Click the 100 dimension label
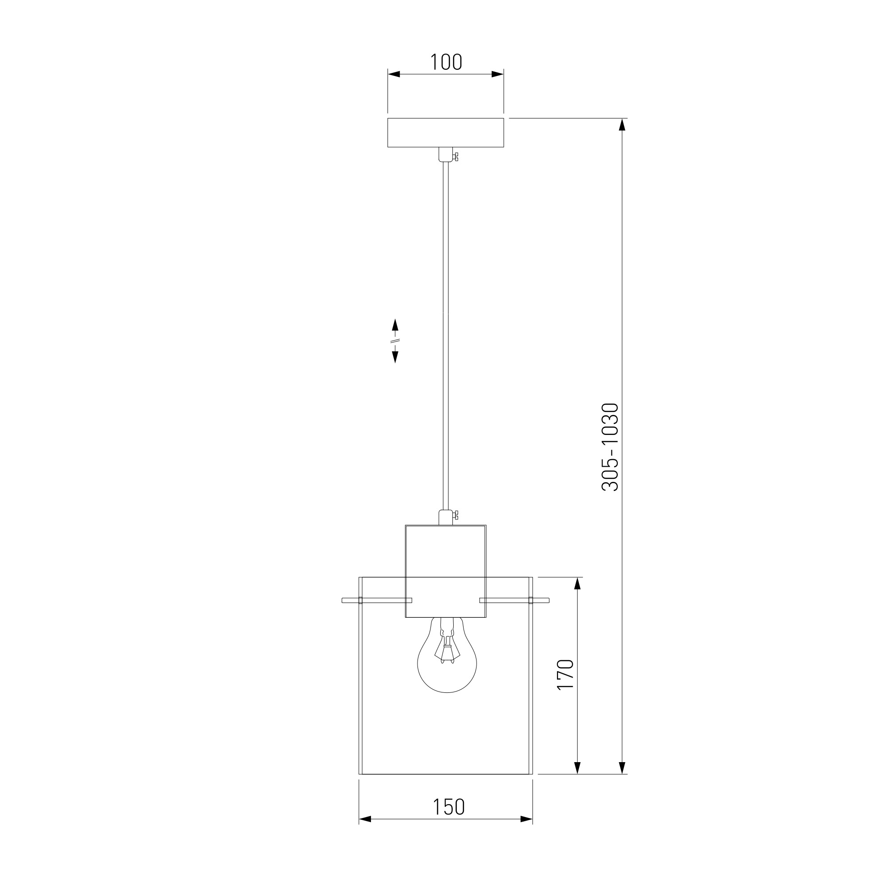446,62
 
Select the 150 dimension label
448,806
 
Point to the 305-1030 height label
610,447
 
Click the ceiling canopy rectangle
446,133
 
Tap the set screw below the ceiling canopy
456,157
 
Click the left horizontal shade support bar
377,600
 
